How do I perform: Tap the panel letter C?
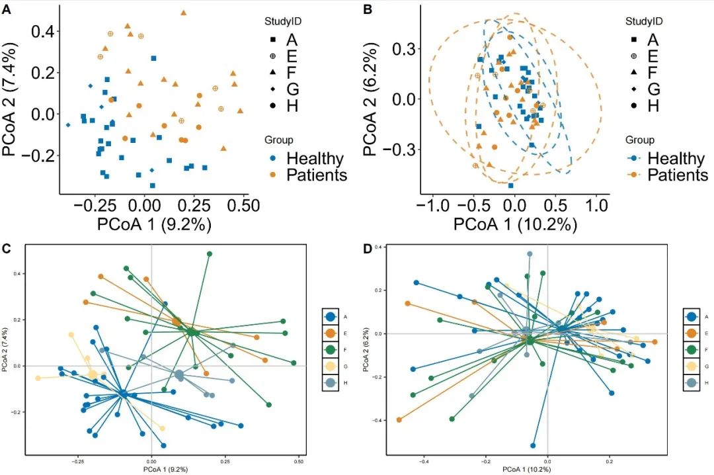coord(6,249)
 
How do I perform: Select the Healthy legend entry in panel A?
coord(314,159)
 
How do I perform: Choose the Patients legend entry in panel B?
coord(677,175)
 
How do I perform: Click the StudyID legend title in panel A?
coord(283,21)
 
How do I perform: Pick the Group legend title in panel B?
coord(640,140)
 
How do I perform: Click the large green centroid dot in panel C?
coord(191,331)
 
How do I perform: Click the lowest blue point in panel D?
coord(533,445)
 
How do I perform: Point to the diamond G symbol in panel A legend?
coord(272,89)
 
